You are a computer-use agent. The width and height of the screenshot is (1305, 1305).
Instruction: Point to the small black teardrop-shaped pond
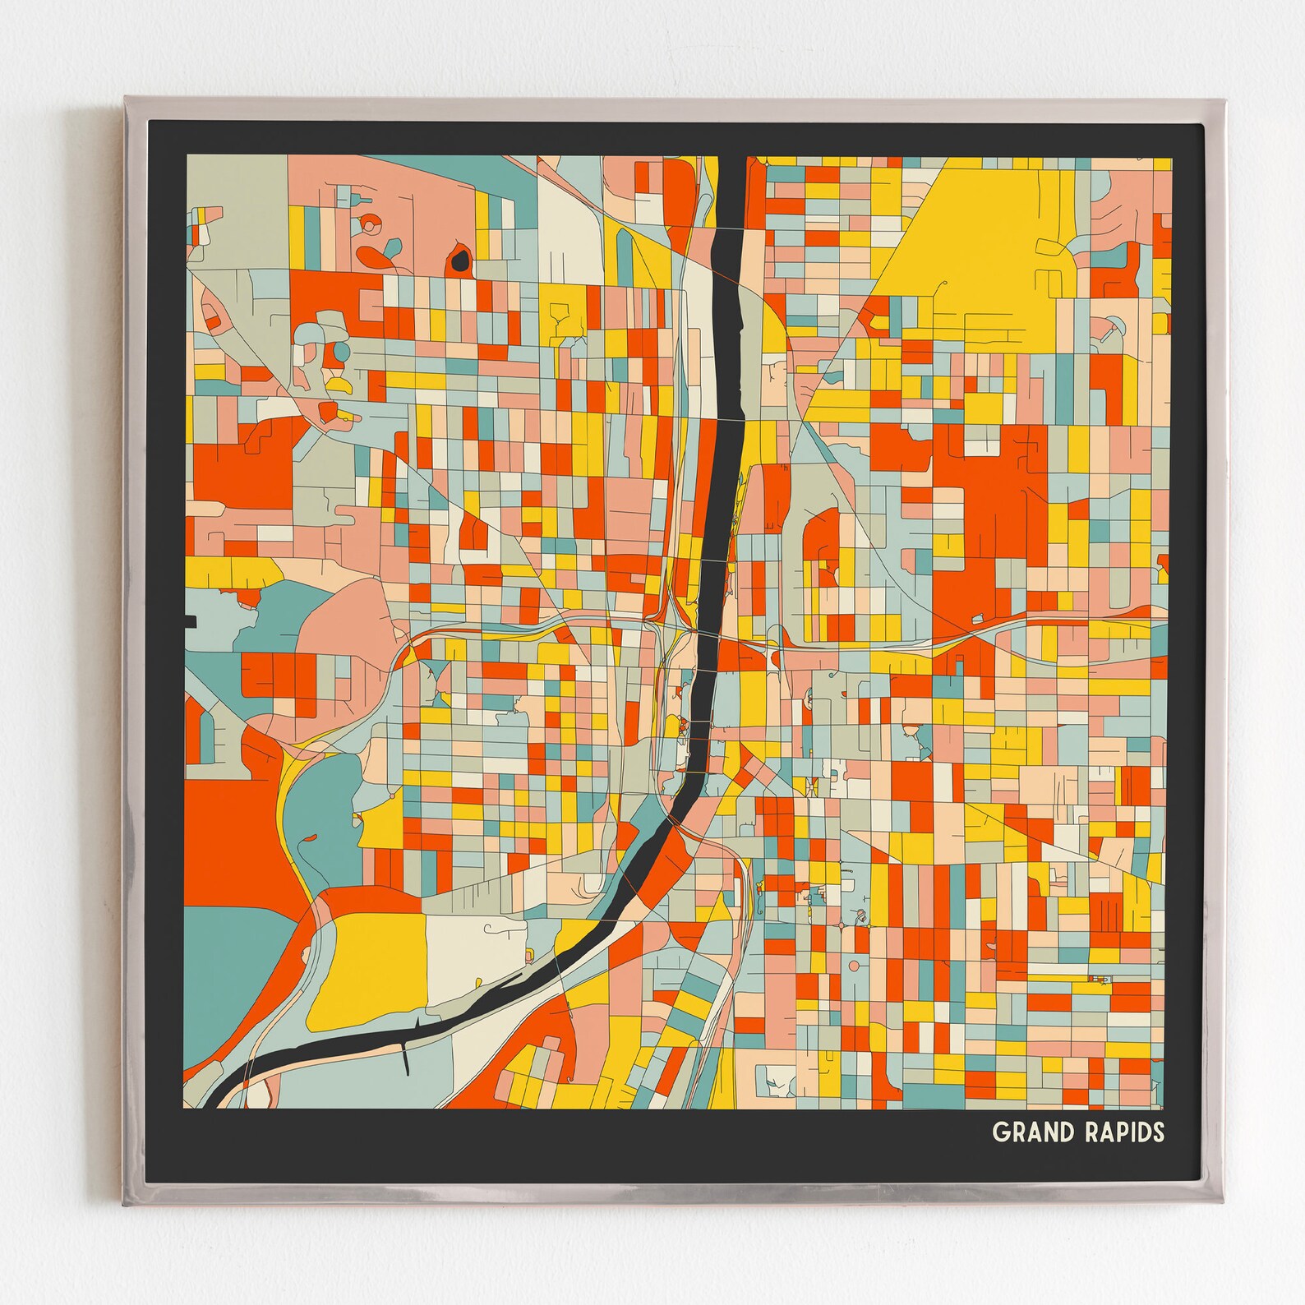460,261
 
